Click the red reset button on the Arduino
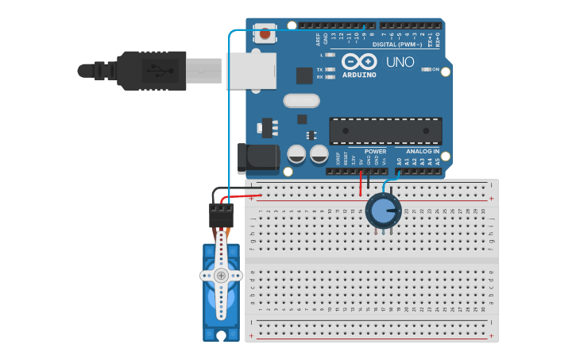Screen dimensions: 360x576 coord(265,34)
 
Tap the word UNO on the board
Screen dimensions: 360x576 coord(400,62)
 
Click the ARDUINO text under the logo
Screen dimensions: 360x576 coord(359,75)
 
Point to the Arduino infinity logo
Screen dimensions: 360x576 coord(359,61)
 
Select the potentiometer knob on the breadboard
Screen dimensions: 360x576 coord(383,211)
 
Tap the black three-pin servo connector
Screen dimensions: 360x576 coord(221,215)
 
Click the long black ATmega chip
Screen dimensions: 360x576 coord(385,130)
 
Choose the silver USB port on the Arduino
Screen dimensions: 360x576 coord(251,71)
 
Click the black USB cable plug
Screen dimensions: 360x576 coord(151,70)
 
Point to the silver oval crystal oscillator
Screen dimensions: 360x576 coord(301,101)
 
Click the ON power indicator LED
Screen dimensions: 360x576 coord(427,70)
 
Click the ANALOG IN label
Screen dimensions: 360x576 coord(423,151)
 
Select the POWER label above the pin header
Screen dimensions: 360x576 coord(375,151)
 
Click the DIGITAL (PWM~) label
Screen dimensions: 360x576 coord(397,45)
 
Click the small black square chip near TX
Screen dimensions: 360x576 coord(304,75)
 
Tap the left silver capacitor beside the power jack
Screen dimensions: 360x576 coord(296,153)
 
